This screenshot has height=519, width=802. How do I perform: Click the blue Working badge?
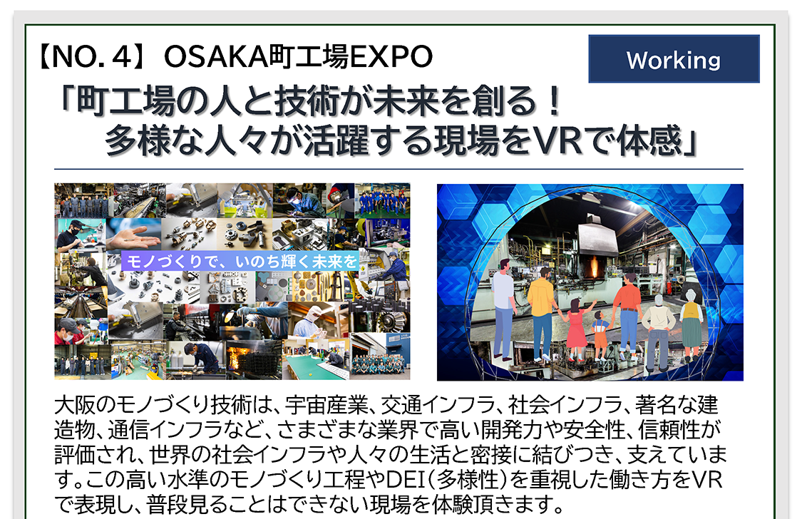pyautogui.click(x=674, y=58)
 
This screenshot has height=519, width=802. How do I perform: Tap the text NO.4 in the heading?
pyautogui.click(x=92, y=57)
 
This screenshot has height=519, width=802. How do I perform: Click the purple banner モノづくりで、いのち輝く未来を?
pyautogui.click(x=240, y=262)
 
